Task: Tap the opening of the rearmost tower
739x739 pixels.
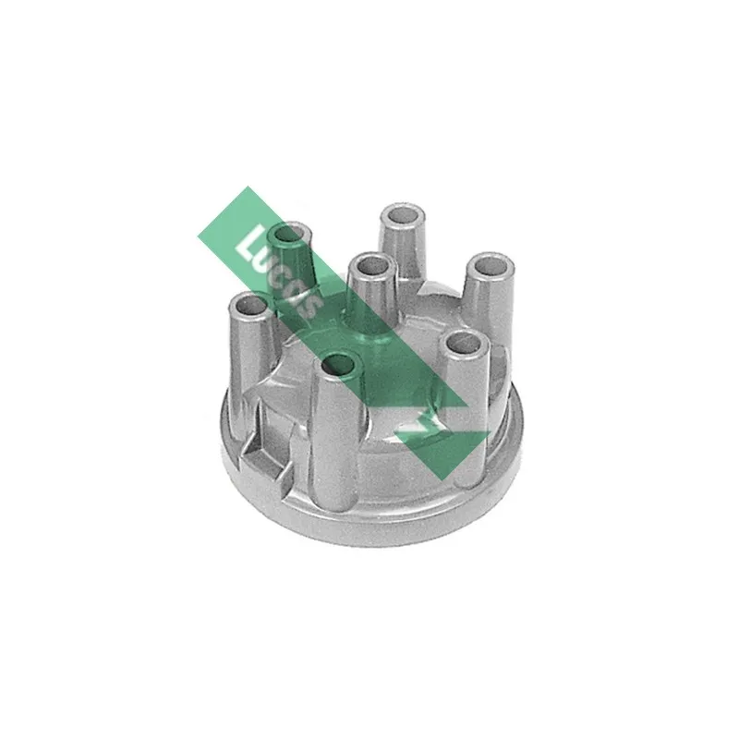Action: click(x=403, y=217)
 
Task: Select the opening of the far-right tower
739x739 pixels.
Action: click(x=488, y=266)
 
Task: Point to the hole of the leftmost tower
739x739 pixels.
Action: click(x=248, y=305)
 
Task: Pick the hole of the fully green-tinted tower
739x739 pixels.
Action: click(x=288, y=234)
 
